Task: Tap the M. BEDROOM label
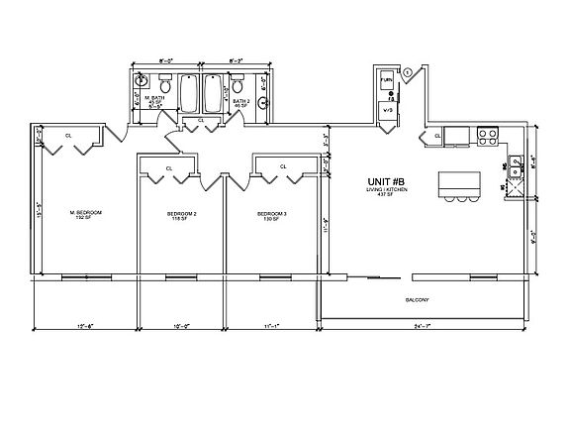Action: tap(86, 213)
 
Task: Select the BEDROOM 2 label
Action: tap(181, 214)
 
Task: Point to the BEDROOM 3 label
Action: tap(271, 214)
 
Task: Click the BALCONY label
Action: tap(416, 299)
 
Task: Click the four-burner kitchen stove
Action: tap(486, 135)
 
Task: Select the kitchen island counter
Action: tap(456, 182)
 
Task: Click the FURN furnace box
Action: tap(386, 77)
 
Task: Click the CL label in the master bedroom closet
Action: tap(68, 135)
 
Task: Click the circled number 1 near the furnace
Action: tap(408, 67)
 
